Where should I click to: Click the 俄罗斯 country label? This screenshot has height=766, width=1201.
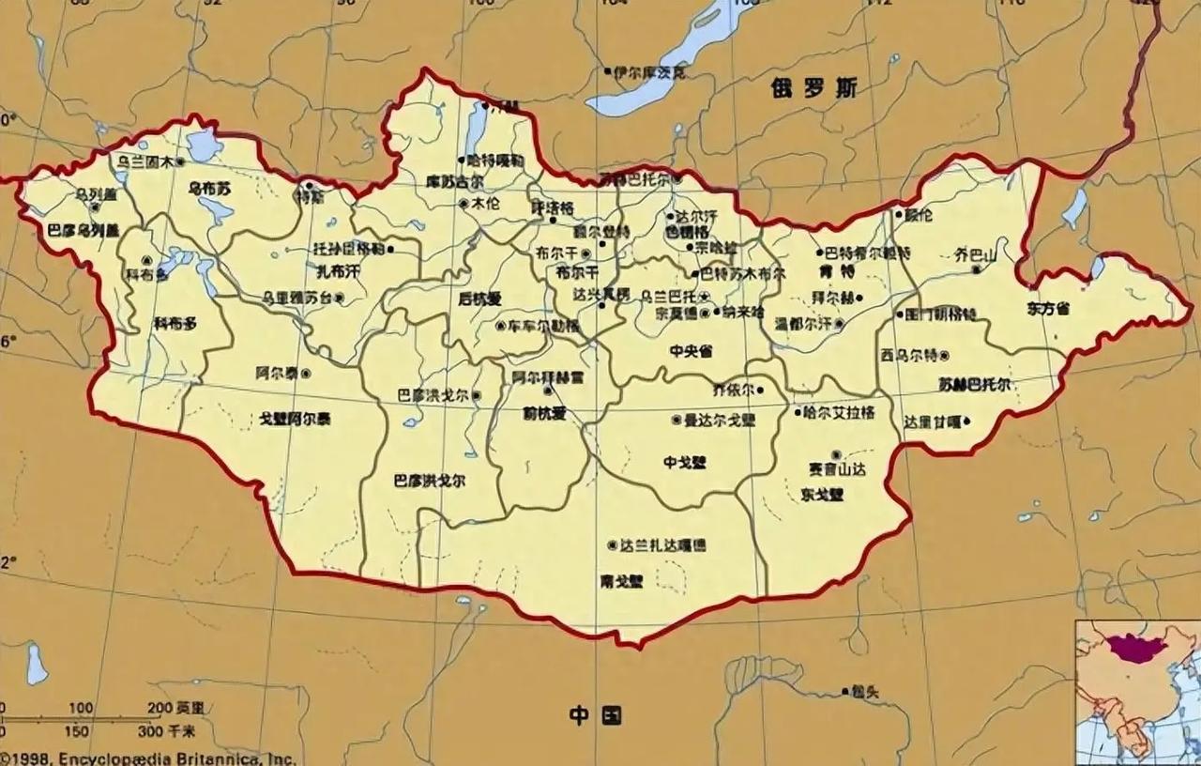pyautogui.click(x=814, y=88)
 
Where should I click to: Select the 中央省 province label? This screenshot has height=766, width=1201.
pyautogui.click(x=692, y=351)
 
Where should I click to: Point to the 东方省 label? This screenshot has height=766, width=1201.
pyautogui.click(x=1047, y=308)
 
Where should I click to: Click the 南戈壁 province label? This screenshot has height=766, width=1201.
pyautogui.click(x=622, y=581)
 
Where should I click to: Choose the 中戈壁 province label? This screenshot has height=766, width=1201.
pyautogui.click(x=685, y=461)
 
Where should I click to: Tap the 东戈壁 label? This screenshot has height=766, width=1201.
pyautogui.click(x=823, y=494)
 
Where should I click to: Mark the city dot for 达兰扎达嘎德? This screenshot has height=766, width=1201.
pyautogui.click(x=613, y=544)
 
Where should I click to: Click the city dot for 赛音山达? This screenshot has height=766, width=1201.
pyautogui.click(x=835, y=455)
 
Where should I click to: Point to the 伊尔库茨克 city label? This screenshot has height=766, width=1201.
pyautogui.click(x=649, y=71)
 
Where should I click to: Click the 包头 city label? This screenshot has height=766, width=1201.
pyautogui.click(x=865, y=693)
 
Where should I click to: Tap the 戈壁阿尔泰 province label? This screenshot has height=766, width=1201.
pyautogui.click(x=295, y=419)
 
